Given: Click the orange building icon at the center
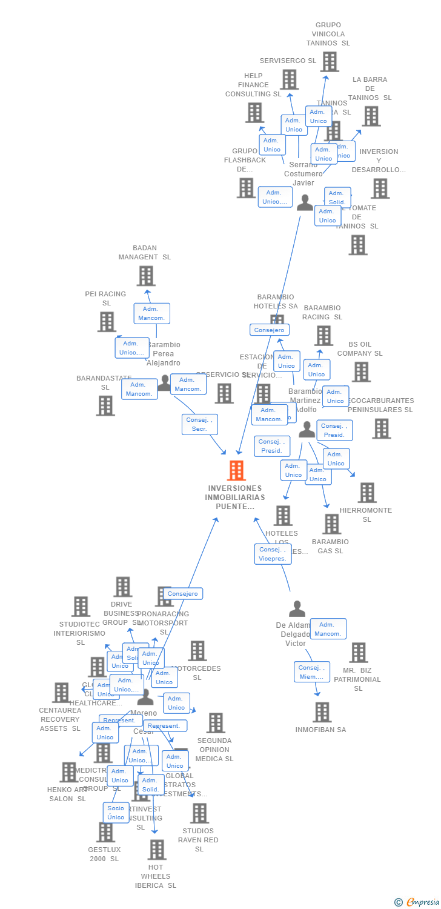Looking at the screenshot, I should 236,470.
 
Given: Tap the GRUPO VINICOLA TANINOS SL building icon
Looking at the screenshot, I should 329,61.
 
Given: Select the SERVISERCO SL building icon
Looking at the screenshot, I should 289,79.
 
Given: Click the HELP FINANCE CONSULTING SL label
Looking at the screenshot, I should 253,85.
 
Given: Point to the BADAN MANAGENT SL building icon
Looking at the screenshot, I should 145,276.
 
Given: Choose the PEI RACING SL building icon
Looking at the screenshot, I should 107,322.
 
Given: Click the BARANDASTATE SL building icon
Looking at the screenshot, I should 105,405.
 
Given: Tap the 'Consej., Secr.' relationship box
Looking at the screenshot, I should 199,424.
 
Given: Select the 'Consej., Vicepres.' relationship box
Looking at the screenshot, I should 273,554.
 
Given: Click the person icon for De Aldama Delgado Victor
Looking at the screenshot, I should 297,609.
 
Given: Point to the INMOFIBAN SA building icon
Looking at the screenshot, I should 322,712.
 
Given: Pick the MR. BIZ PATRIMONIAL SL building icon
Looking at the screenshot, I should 359,653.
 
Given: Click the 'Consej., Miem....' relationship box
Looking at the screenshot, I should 311,672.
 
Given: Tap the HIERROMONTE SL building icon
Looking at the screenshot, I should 366,493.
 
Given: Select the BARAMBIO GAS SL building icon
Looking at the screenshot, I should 331,524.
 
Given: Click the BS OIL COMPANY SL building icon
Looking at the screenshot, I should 361,372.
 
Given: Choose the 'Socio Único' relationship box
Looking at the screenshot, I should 116,813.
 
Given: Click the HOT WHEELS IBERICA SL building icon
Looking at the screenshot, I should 156,850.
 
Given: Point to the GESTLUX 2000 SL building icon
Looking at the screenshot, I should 106,832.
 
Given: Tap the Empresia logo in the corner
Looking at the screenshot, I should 417,902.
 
